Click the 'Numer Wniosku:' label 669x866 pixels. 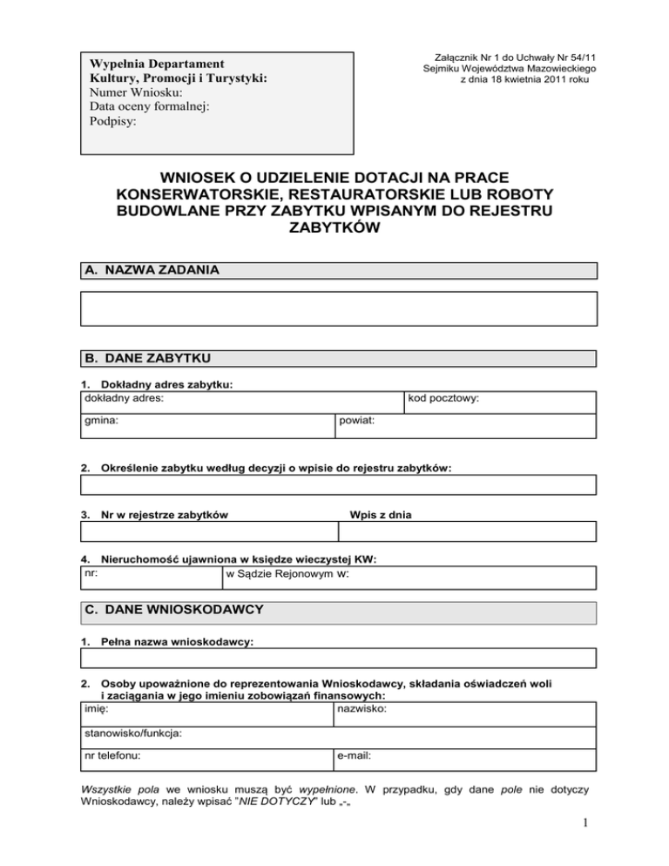click(136, 92)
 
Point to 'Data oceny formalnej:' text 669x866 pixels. click(149, 107)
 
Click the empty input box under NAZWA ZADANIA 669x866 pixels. click(338, 308)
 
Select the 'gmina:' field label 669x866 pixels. click(101, 420)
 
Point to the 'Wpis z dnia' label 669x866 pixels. click(380, 515)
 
